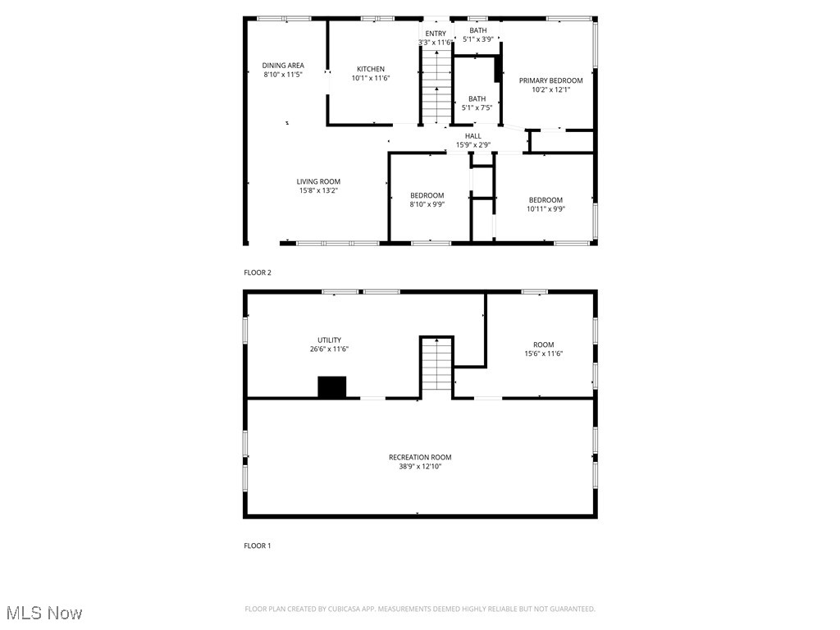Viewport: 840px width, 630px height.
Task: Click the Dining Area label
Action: click(283, 66)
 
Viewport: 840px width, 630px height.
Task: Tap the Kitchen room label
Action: click(371, 69)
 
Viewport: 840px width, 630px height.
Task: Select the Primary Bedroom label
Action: click(550, 80)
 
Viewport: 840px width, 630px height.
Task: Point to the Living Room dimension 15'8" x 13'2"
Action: click(319, 190)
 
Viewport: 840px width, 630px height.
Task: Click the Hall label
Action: click(473, 135)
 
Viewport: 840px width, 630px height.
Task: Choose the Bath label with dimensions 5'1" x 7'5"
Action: click(477, 98)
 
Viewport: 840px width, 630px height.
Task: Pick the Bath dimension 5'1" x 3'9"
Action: click(478, 39)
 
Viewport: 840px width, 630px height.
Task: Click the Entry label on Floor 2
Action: click(436, 33)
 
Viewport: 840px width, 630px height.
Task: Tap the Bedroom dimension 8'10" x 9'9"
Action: click(427, 204)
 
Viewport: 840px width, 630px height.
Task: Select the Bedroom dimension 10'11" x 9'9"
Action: click(546, 209)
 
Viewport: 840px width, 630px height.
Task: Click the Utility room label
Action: click(330, 340)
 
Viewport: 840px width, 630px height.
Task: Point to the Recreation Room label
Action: click(420, 457)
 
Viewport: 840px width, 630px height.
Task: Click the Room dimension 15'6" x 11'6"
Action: click(544, 354)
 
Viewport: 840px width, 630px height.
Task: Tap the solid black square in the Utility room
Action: click(332, 387)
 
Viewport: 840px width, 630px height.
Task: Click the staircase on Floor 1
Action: click(437, 367)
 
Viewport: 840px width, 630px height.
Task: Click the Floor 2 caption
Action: click(258, 272)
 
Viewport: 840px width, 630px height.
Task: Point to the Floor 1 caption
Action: click(258, 546)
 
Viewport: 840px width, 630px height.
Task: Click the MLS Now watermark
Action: click(44, 613)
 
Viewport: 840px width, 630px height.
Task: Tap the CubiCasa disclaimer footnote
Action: click(420, 609)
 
